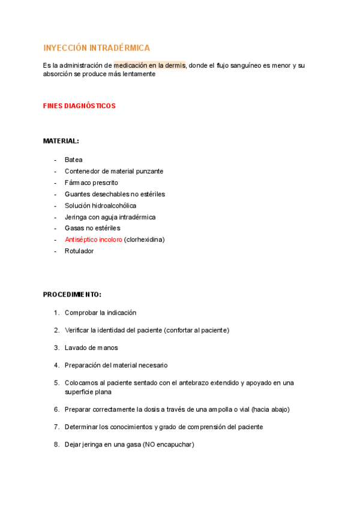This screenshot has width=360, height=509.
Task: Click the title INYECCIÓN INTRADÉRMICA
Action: tap(97, 47)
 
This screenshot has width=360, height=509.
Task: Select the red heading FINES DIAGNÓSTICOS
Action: tap(79, 106)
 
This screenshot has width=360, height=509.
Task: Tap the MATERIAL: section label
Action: tap(61, 141)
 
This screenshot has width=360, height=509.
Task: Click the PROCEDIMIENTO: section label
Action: tap(72, 295)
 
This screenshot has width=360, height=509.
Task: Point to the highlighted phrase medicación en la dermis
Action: tap(150, 65)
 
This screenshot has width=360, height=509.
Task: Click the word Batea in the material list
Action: tap(74, 160)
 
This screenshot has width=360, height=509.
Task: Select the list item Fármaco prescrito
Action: tap(91, 182)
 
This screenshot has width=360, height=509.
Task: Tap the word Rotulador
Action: tap(79, 251)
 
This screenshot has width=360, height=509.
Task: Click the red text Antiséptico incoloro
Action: tap(93, 239)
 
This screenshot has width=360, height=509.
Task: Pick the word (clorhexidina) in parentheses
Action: tap(144, 239)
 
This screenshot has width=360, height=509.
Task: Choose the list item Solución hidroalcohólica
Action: tap(100, 205)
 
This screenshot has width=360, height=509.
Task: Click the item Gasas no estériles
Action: tap(92, 228)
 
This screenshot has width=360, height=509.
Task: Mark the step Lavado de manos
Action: tap(91, 348)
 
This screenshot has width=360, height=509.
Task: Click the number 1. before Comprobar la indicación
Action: tap(56, 313)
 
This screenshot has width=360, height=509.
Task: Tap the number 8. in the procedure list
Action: tap(56, 444)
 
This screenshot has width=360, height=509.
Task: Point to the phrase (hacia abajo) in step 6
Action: tap(271, 409)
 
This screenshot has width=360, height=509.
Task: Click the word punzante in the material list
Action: tap(148, 171)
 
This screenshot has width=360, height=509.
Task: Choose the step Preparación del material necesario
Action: tap(116, 365)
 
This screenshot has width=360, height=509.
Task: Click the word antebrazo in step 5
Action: tap(194, 382)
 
